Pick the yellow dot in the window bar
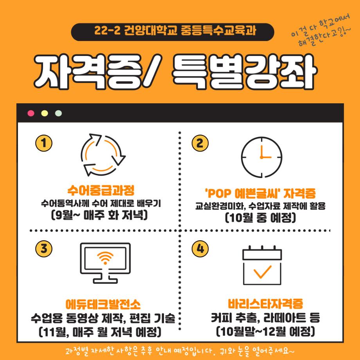45,113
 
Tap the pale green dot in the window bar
58,113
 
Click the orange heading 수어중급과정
101,191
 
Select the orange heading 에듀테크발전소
103,304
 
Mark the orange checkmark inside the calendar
262,270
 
